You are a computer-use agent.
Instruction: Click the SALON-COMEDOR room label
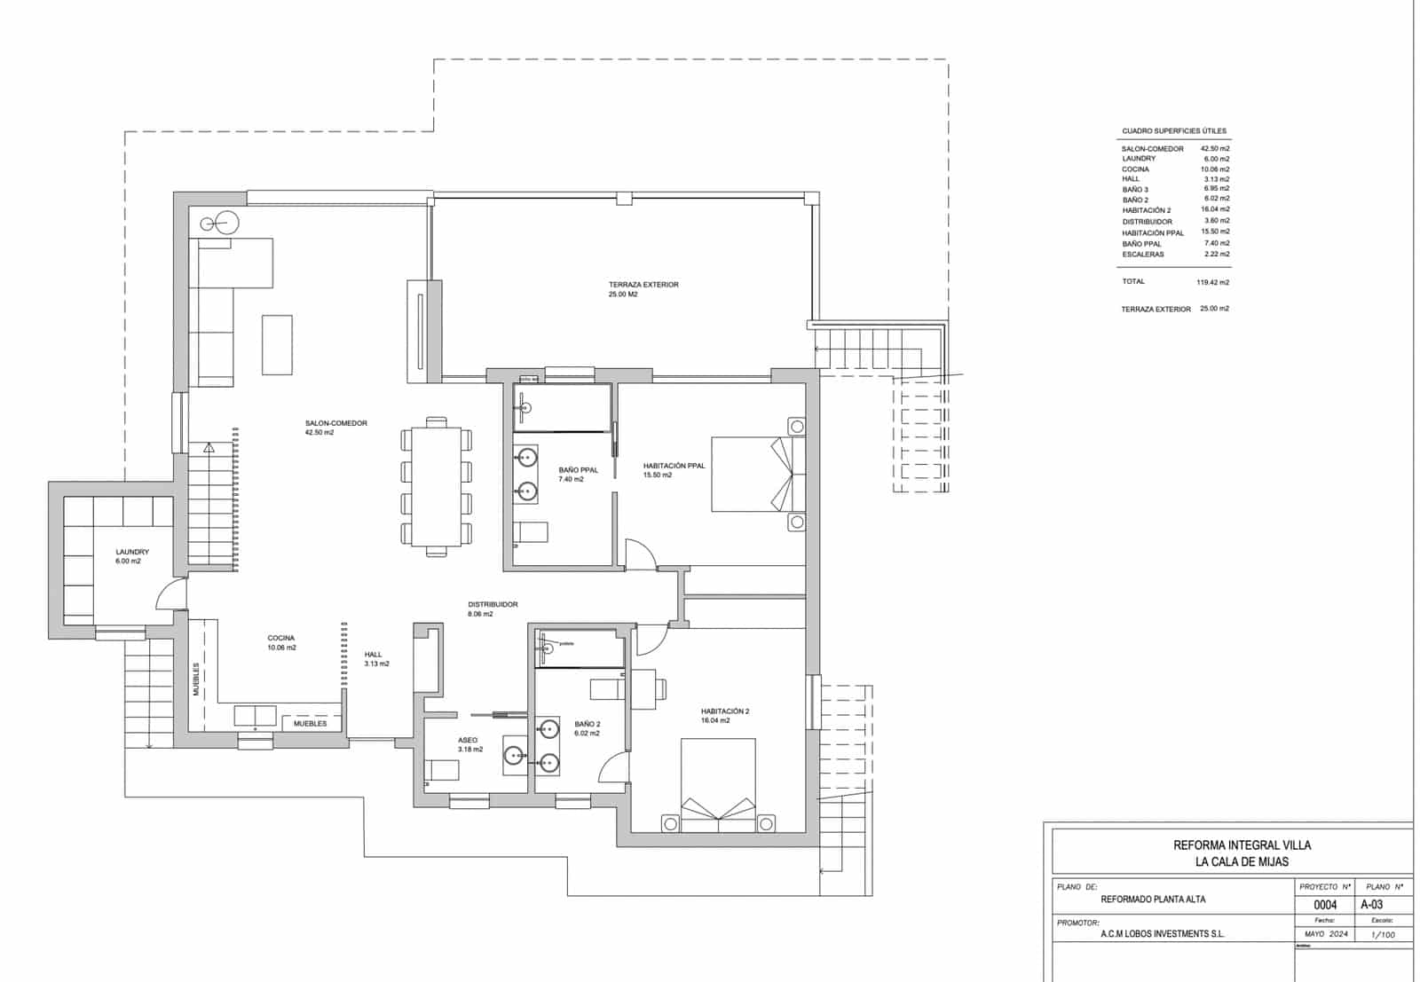click(335, 424)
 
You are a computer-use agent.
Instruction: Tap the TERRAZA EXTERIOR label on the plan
click(643, 286)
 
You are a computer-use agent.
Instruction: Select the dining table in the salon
click(436, 486)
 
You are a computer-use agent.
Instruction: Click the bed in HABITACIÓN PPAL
click(749, 474)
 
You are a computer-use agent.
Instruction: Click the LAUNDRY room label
click(131, 553)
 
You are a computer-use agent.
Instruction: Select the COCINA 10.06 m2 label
click(281, 643)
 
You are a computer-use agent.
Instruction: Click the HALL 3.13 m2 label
click(375, 659)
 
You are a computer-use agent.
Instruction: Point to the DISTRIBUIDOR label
click(493, 605)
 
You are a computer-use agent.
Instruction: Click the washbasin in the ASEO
click(514, 756)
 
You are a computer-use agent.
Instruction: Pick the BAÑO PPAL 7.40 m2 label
click(578, 475)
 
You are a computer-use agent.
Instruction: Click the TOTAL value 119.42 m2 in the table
click(1212, 282)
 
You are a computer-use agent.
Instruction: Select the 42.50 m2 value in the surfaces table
click(1215, 148)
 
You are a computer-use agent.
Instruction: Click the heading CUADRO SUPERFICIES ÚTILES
click(1173, 130)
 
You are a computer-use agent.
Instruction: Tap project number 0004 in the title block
click(1324, 905)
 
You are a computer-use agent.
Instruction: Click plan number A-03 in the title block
click(1371, 905)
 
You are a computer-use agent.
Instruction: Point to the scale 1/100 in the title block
click(1382, 934)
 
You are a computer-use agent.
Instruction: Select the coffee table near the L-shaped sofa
click(277, 344)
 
